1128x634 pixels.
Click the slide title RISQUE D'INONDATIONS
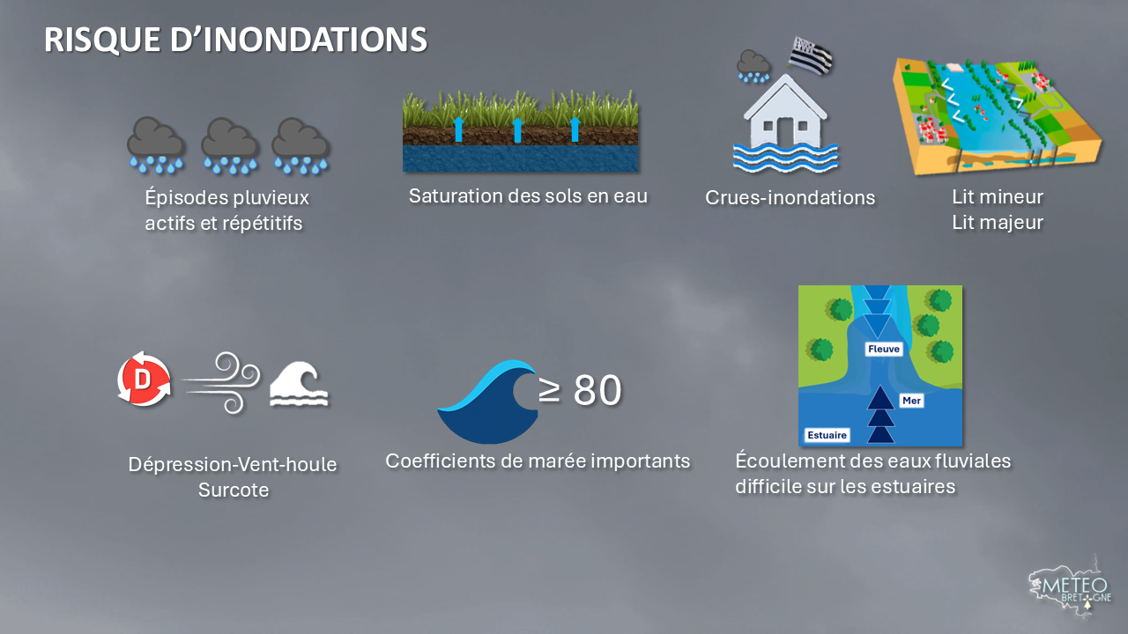pos(235,40)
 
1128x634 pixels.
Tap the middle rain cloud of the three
pos(230,145)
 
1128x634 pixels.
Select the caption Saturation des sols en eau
pos(528,195)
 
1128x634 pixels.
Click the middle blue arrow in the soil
pos(517,129)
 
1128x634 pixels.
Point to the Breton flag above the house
pos(810,55)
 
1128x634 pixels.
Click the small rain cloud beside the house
pos(753,66)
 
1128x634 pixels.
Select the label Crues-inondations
pos(790,198)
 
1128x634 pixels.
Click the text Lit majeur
pos(997,223)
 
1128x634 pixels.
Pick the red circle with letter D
pos(144,380)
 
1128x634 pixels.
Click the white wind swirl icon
pos(221,382)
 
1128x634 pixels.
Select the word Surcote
pos(234,490)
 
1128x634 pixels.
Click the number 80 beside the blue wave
pos(597,390)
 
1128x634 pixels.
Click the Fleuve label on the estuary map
pos(883,349)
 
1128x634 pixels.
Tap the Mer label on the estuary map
pos(911,401)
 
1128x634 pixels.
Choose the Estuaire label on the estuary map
pos(827,435)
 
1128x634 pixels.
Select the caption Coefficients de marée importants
pos(538,461)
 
